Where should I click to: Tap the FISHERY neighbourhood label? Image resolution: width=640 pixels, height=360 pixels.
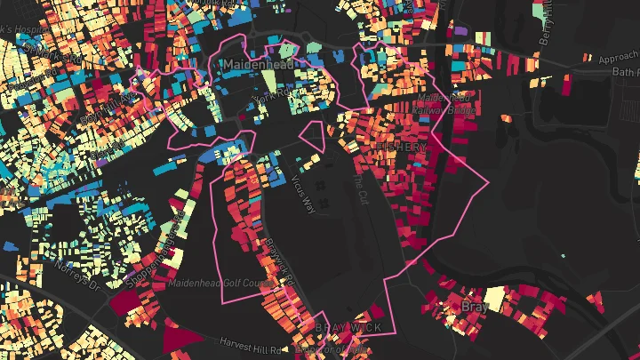click(x=402, y=146)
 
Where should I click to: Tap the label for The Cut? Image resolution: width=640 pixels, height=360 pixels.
click(x=357, y=187)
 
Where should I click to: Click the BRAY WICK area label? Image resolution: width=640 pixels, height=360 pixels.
click(x=348, y=328)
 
